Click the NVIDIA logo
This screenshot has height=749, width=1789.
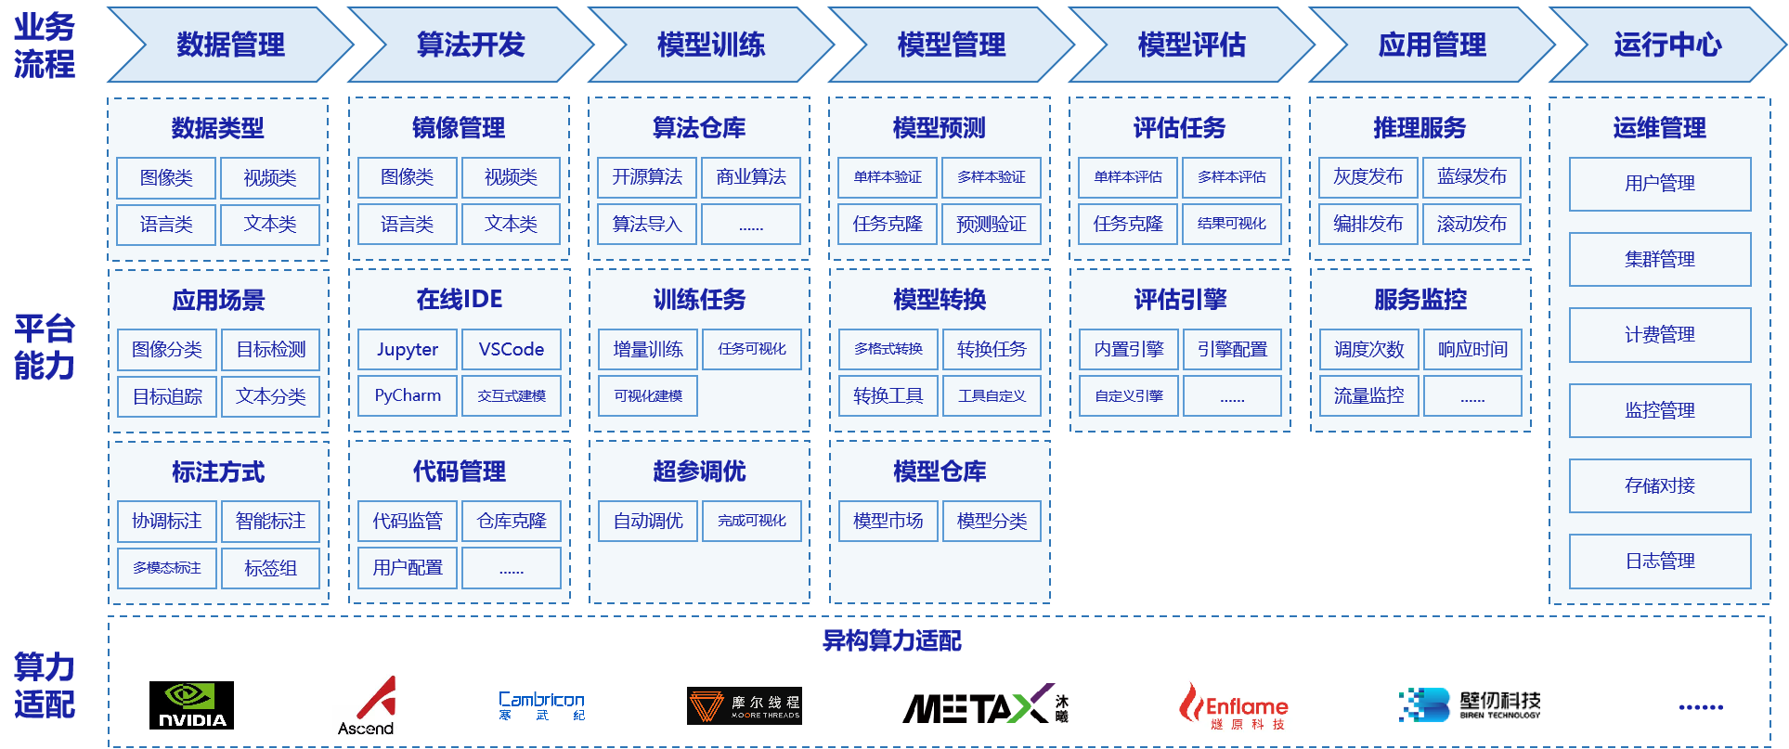(191, 705)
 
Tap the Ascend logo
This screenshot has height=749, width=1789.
(367, 706)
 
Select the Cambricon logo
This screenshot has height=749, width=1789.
(541, 705)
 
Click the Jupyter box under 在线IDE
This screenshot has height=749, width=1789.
(408, 350)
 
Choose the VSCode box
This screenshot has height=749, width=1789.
(512, 350)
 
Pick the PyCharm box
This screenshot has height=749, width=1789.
(408, 395)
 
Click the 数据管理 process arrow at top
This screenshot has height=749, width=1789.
(230, 45)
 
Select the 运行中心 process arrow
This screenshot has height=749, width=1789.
(1667, 45)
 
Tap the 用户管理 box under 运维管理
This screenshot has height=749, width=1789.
(1660, 184)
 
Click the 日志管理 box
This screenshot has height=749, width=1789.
(1660, 562)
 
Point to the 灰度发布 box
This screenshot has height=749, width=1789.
(1368, 177)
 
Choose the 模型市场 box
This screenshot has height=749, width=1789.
(888, 522)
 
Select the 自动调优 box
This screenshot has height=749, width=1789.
(648, 522)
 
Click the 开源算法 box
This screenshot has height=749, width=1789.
(647, 177)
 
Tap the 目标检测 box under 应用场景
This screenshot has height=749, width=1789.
(271, 350)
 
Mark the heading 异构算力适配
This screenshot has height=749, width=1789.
(892, 640)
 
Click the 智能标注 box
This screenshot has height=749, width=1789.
(271, 522)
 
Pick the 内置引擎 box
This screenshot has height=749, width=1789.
(1129, 350)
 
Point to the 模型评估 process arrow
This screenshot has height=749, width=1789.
(1192, 45)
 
